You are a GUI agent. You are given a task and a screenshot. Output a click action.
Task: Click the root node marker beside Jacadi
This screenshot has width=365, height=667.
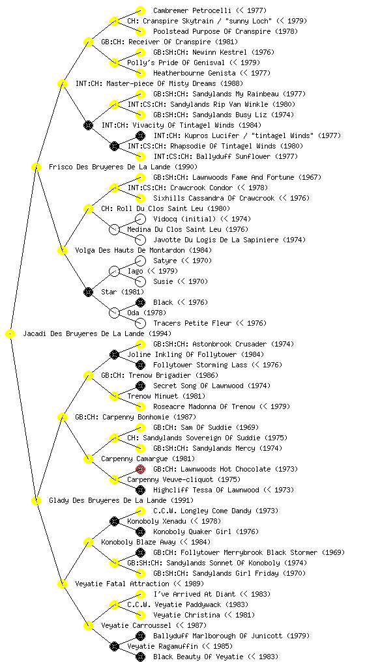click(x=10, y=334)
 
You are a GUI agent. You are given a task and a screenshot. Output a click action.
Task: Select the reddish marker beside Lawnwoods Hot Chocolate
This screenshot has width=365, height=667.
click(x=140, y=469)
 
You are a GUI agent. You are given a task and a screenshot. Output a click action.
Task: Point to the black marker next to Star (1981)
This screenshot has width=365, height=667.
click(x=88, y=292)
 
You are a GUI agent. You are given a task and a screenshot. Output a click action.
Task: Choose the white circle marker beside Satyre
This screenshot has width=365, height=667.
click(x=140, y=261)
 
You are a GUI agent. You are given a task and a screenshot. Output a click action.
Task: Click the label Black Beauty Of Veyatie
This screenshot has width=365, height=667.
click(x=198, y=657)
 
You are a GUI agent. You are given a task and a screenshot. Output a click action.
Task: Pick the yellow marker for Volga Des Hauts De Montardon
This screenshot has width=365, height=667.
click(x=62, y=251)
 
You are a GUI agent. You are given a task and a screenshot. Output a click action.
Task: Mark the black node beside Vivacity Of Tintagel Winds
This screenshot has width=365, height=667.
click(x=88, y=126)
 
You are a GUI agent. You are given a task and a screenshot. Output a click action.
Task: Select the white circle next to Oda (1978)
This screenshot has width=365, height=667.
click(x=114, y=313)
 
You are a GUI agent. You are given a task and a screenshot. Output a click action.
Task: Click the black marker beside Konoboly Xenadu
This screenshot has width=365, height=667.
click(x=114, y=522)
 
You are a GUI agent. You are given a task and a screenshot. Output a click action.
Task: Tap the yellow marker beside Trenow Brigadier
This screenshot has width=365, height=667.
click(x=88, y=376)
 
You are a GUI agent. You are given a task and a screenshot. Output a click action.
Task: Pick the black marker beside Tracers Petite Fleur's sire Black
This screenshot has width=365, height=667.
click(x=140, y=302)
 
